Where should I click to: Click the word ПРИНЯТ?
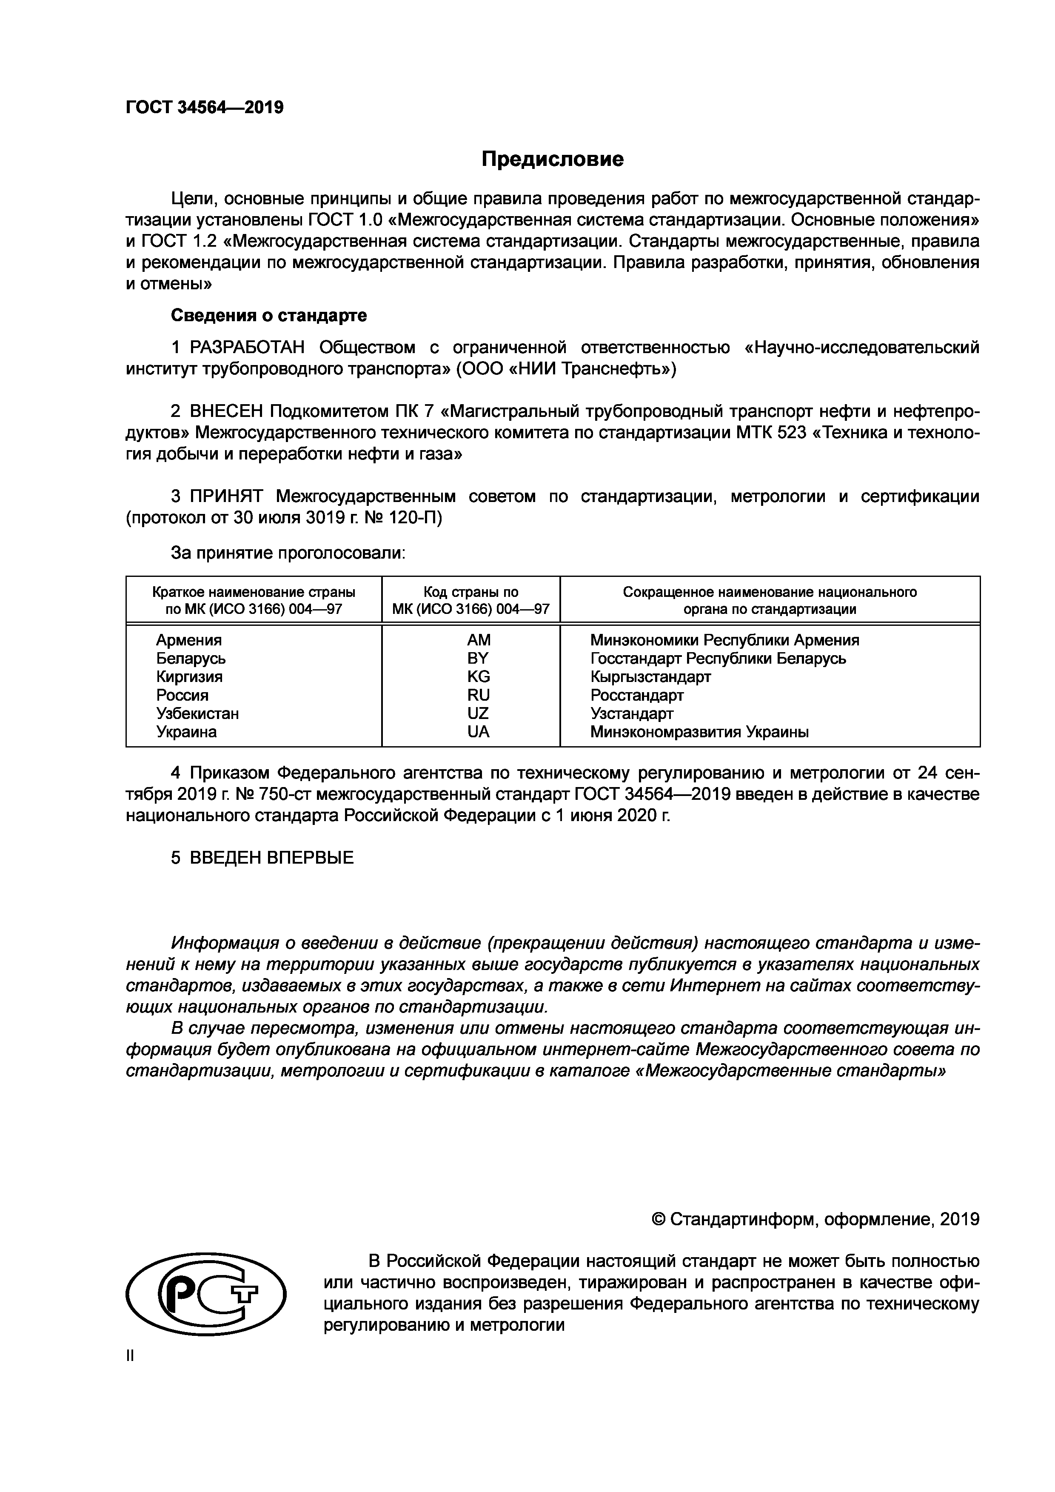(226, 496)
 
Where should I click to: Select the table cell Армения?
(188, 640)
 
